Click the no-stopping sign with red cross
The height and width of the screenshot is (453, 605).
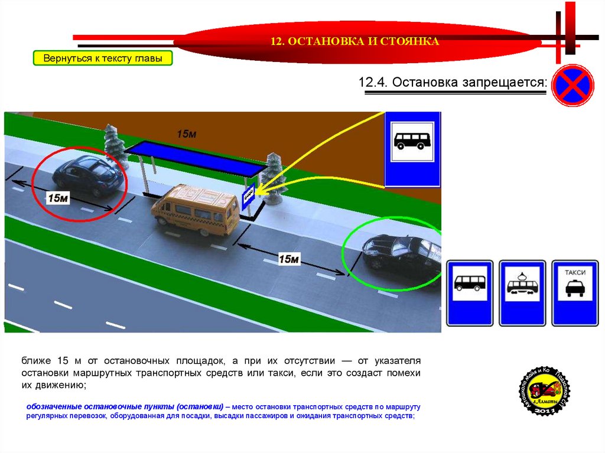tap(572, 86)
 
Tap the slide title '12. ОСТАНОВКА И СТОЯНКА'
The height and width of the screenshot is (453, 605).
tap(354, 41)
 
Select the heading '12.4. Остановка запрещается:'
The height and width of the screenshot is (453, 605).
tap(453, 82)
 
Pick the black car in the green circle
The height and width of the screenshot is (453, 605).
tap(402, 254)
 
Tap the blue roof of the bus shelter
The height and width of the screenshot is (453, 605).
tap(195, 158)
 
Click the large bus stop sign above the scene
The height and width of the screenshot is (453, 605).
tap(412, 148)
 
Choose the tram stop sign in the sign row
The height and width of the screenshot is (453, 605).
tap(522, 293)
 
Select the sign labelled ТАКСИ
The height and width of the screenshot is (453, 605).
tap(574, 293)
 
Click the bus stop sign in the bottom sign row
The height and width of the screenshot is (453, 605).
tap(470, 293)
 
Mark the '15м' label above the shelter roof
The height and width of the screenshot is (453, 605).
tap(186, 134)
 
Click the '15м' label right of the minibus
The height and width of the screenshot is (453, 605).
tap(289, 259)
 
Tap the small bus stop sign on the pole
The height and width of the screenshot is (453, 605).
tap(248, 197)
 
